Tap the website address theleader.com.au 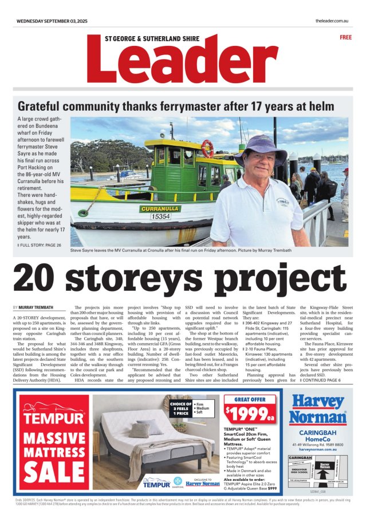point(332,21)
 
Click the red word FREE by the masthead point(345,37)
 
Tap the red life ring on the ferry point(207,149)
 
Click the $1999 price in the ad point(249,412)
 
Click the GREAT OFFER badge point(250,399)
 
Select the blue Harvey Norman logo point(317,410)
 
